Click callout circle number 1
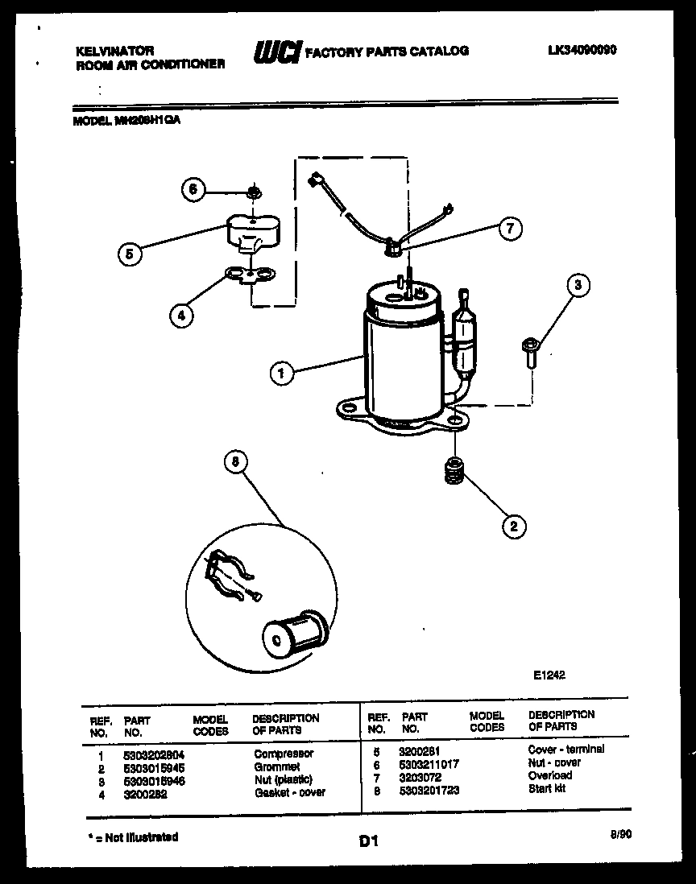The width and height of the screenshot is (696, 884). [x=281, y=373]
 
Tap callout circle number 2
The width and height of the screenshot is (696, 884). [x=513, y=527]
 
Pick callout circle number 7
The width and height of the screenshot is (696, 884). [x=509, y=229]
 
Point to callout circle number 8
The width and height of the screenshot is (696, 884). [x=235, y=462]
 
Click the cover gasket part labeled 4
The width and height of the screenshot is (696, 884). [x=251, y=276]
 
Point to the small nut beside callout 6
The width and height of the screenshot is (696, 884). [x=253, y=192]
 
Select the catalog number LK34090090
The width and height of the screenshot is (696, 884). [x=582, y=50]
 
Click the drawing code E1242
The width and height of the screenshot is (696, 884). [x=549, y=675]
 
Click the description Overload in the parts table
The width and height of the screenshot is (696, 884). [x=550, y=775]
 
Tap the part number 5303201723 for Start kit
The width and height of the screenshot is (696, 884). [x=429, y=789]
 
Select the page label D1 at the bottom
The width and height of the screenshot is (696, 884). [x=368, y=842]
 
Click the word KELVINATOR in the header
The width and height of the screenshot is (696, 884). [x=114, y=51]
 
